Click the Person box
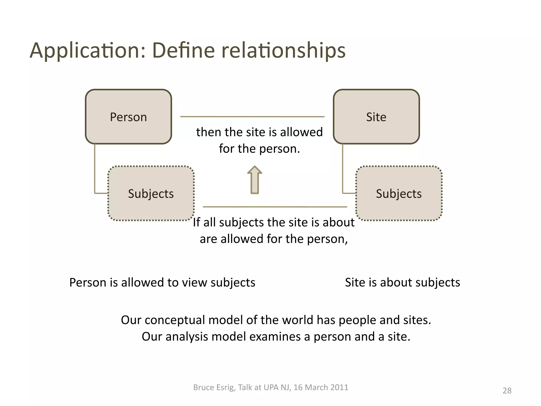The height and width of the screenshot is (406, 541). pos(128,117)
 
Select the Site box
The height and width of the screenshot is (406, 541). pos(376,117)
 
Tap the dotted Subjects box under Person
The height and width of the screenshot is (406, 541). pos(151,193)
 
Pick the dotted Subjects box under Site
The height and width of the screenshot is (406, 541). pos(399,193)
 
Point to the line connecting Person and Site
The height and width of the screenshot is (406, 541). pos(252,117)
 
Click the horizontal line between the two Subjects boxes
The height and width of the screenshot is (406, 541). pos(275,207)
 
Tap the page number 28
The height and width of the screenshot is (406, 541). pos(507,391)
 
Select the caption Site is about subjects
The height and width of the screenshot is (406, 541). pos(402,283)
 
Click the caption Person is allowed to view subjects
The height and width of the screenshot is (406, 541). pos(162,283)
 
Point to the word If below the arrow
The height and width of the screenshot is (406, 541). pos(197,222)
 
